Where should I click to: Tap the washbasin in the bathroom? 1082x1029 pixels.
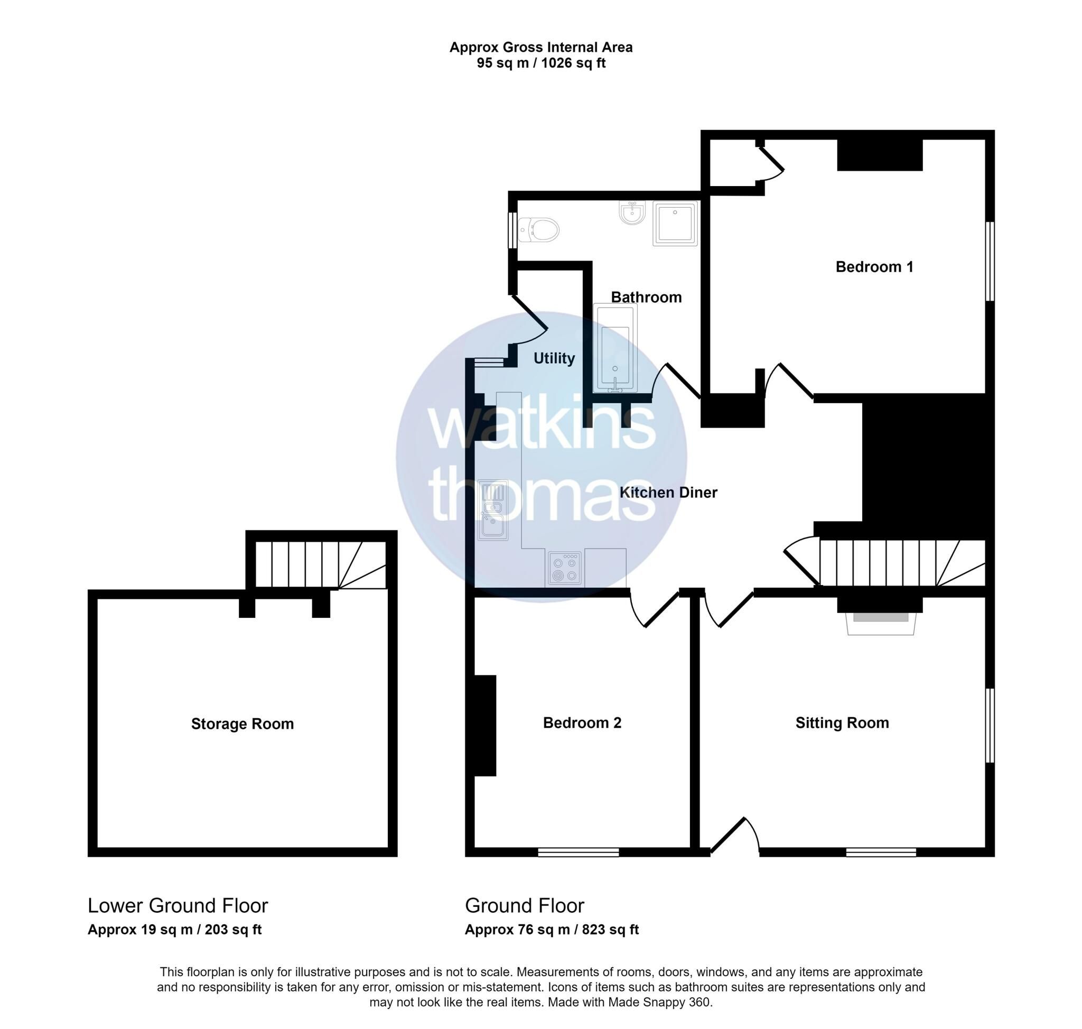click(x=633, y=213)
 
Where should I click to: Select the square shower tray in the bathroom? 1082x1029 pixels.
click(x=675, y=223)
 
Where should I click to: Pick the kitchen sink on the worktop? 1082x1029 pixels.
click(x=492, y=511)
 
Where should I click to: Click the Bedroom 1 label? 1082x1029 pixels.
click(x=874, y=267)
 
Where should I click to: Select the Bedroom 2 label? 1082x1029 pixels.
click(x=582, y=723)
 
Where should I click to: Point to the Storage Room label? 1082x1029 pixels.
click(x=242, y=724)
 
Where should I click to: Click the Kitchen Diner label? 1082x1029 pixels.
click(x=668, y=493)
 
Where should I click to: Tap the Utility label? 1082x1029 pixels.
click(x=554, y=358)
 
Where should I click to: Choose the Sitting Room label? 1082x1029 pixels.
click(x=842, y=723)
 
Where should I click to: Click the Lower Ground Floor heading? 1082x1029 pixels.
click(x=178, y=905)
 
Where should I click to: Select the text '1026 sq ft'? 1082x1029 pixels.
click(x=573, y=63)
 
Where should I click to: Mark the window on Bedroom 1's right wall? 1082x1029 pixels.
click(x=990, y=261)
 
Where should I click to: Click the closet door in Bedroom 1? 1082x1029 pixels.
click(x=771, y=160)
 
